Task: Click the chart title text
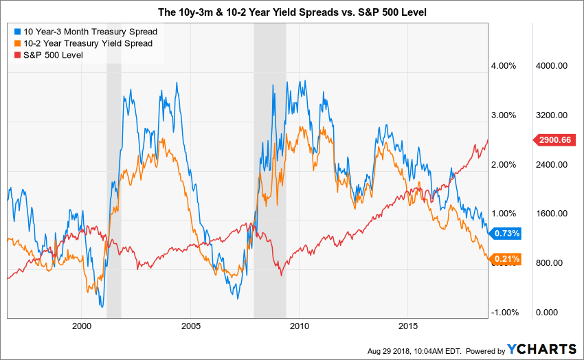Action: (291, 13)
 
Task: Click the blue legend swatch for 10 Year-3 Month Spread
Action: (16, 32)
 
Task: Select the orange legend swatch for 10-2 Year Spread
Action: (16, 43)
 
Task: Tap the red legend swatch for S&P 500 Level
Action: (16, 55)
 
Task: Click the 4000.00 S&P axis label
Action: (551, 66)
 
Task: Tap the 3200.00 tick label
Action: (551, 115)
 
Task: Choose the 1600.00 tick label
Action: (551, 214)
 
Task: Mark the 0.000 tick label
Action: (548, 313)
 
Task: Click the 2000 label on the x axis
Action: (81, 325)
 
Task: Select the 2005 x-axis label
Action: (190, 325)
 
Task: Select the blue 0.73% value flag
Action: (506, 233)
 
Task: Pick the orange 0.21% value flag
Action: (506, 259)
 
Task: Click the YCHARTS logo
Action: (539, 350)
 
